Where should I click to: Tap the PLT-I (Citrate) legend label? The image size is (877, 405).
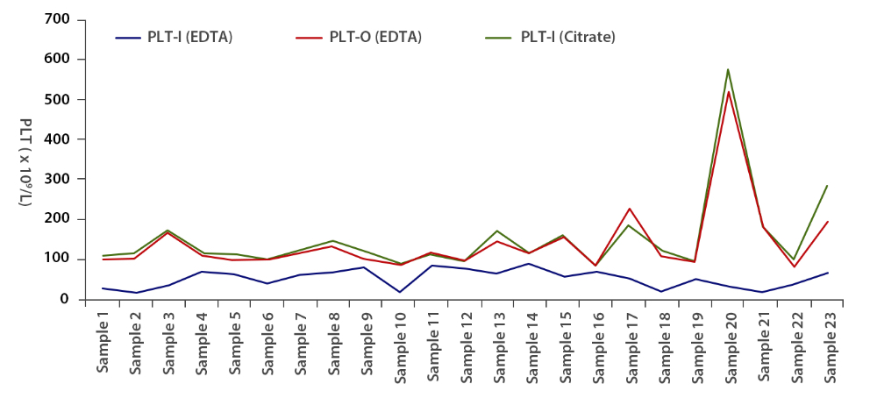pyautogui.click(x=567, y=37)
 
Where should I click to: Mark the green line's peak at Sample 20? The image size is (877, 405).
pyautogui.click(x=728, y=69)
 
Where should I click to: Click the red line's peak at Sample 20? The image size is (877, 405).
pyautogui.click(x=728, y=92)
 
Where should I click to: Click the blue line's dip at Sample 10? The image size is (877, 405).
pyautogui.click(x=399, y=292)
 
